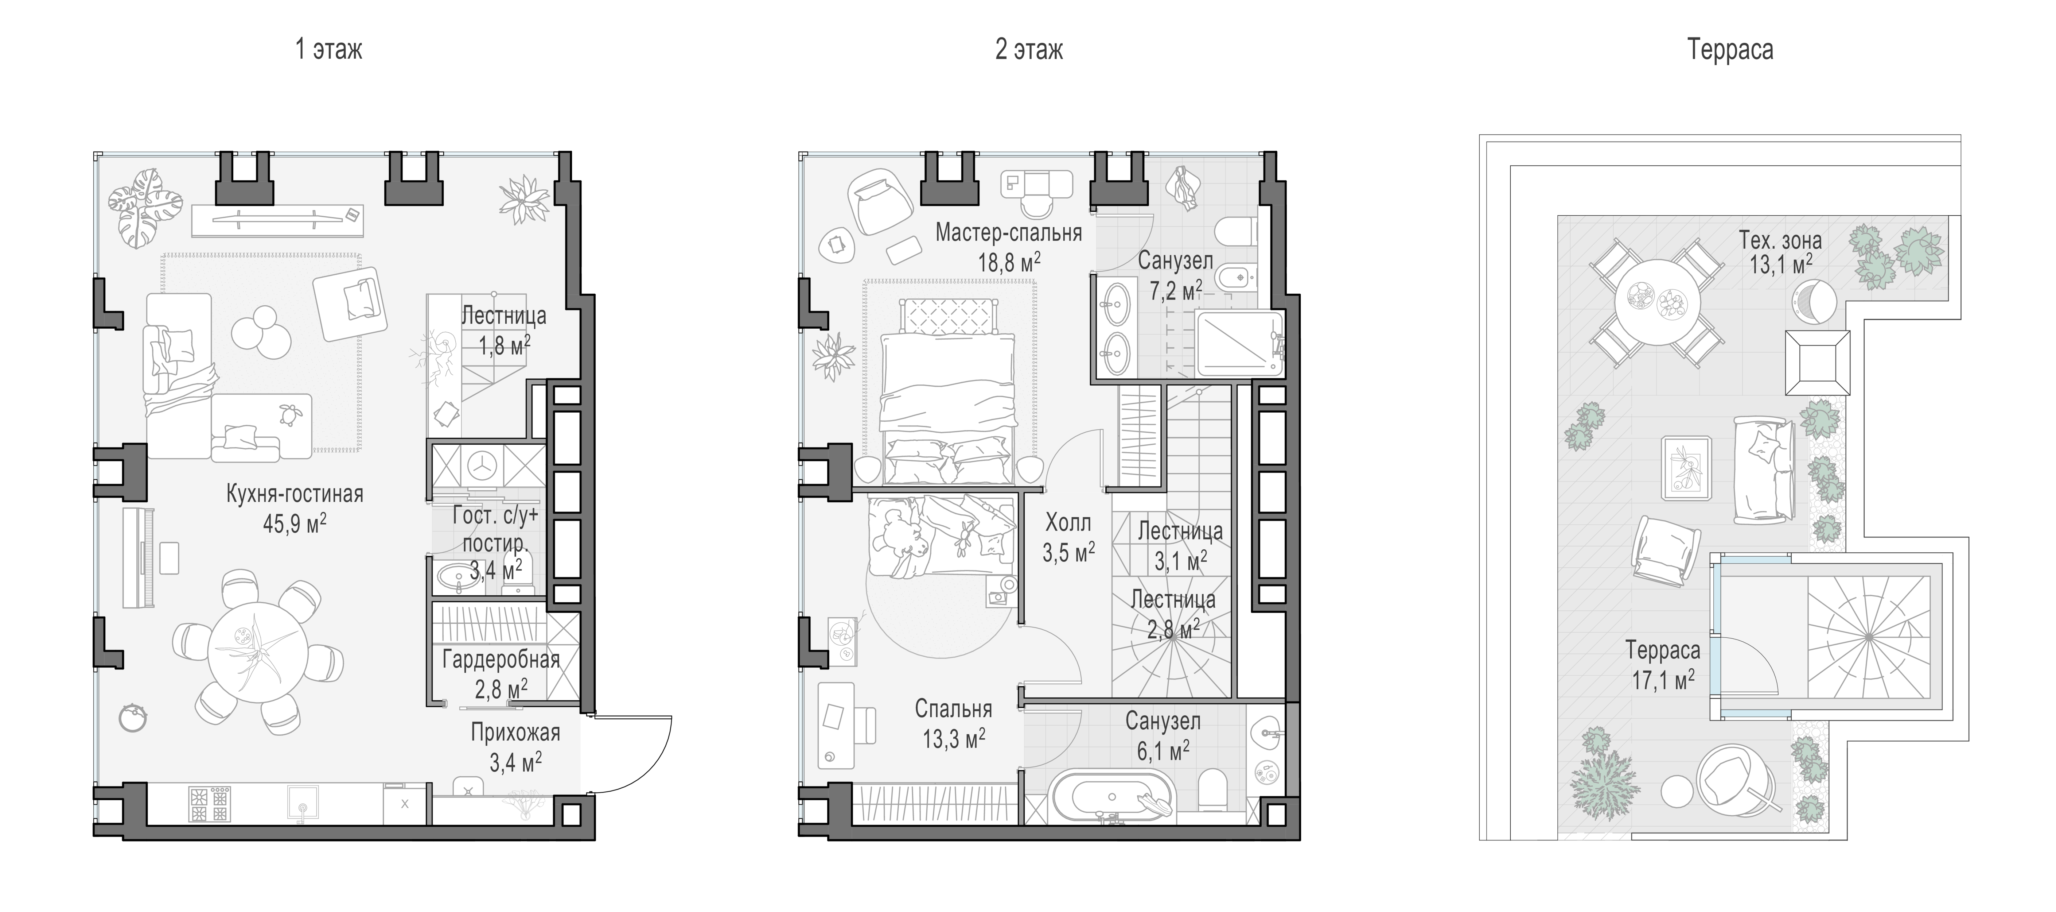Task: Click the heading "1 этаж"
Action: coord(329,50)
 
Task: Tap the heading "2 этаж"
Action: coord(1029,50)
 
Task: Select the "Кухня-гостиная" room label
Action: coord(295,494)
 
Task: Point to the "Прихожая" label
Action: coord(515,732)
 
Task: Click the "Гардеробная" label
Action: coord(501,660)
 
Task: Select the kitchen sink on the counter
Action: coord(303,803)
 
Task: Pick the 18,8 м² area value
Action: coord(1009,262)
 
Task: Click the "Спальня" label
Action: coord(954,709)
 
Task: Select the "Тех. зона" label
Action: coord(1781,240)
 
